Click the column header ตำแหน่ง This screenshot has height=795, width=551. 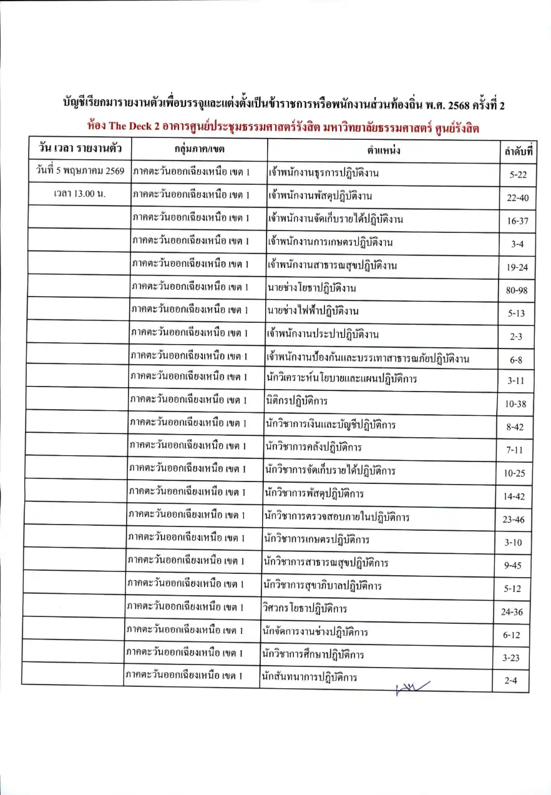[384, 151]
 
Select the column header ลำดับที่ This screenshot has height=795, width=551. [519, 152]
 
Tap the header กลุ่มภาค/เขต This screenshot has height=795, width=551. [199, 150]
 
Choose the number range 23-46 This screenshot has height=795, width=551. [515, 519]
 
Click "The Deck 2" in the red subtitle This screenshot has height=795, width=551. [134, 126]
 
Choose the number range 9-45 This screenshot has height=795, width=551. [515, 566]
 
